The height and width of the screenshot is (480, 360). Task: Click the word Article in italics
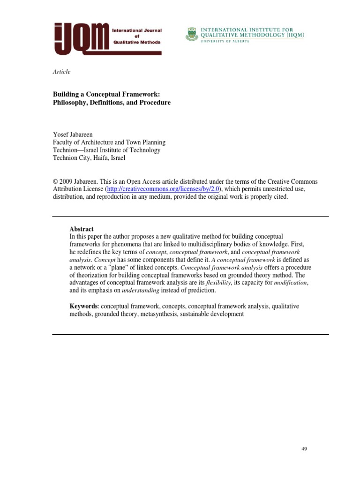61,72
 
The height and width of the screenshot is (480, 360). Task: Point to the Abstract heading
82,229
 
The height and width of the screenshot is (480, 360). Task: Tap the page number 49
304,449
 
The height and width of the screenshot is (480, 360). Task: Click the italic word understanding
141,291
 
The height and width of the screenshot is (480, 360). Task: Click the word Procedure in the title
154,103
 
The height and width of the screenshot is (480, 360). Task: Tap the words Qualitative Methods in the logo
137,42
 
